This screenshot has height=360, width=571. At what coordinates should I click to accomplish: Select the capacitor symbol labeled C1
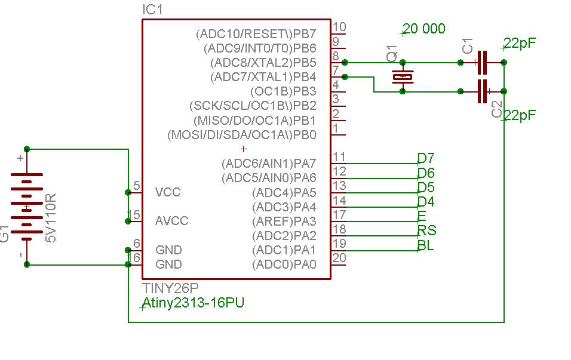click(483, 61)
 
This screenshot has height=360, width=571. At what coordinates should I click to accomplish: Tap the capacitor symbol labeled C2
click(483, 91)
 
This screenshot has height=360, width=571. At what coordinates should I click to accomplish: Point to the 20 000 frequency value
click(424, 29)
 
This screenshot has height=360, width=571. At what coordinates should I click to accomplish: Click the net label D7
click(426, 158)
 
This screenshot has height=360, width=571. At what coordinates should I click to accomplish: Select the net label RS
click(426, 230)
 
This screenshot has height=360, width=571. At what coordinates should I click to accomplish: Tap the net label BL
click(426, 245)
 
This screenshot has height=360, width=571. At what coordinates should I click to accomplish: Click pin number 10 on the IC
click(339, 27)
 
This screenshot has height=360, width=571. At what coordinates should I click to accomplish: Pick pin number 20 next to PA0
click(339, 258)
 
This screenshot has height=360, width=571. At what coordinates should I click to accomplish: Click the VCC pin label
click(168, 192)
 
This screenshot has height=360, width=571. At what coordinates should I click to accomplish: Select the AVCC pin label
click(171, 221)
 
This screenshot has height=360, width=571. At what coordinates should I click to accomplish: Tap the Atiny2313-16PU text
click(193, 303)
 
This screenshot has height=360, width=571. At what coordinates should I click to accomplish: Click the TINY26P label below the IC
click(170, 288)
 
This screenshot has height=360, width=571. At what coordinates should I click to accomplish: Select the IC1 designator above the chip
click(152, 10)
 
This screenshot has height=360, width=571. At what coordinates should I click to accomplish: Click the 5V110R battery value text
click(51, 218)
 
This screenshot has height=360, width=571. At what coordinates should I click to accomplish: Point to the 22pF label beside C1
click(520, 44)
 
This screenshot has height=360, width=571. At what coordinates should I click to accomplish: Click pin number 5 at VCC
click(137, 186)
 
